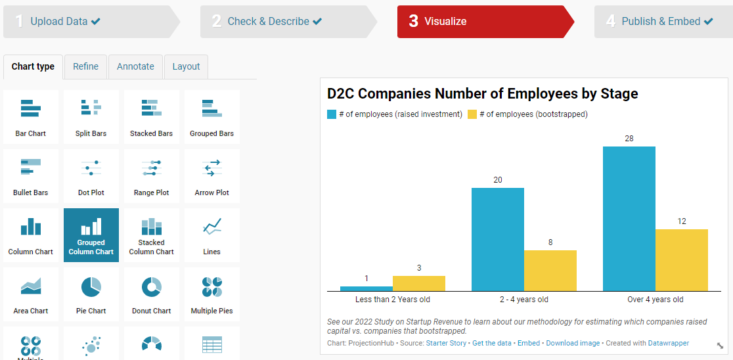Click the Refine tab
(85, 66)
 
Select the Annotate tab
(135, 66)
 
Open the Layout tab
(186, 66)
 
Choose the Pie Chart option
(91, 295)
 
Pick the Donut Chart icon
(152, 295)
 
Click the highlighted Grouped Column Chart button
(91, 235)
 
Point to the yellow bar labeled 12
(681, 259)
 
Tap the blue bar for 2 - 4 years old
(497, 239)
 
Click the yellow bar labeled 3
(418, 283)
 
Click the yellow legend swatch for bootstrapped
(472, 114)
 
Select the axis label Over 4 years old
(655, 300)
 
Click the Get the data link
(491, 344)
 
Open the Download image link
(573, 344)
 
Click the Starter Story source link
(446, 344)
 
